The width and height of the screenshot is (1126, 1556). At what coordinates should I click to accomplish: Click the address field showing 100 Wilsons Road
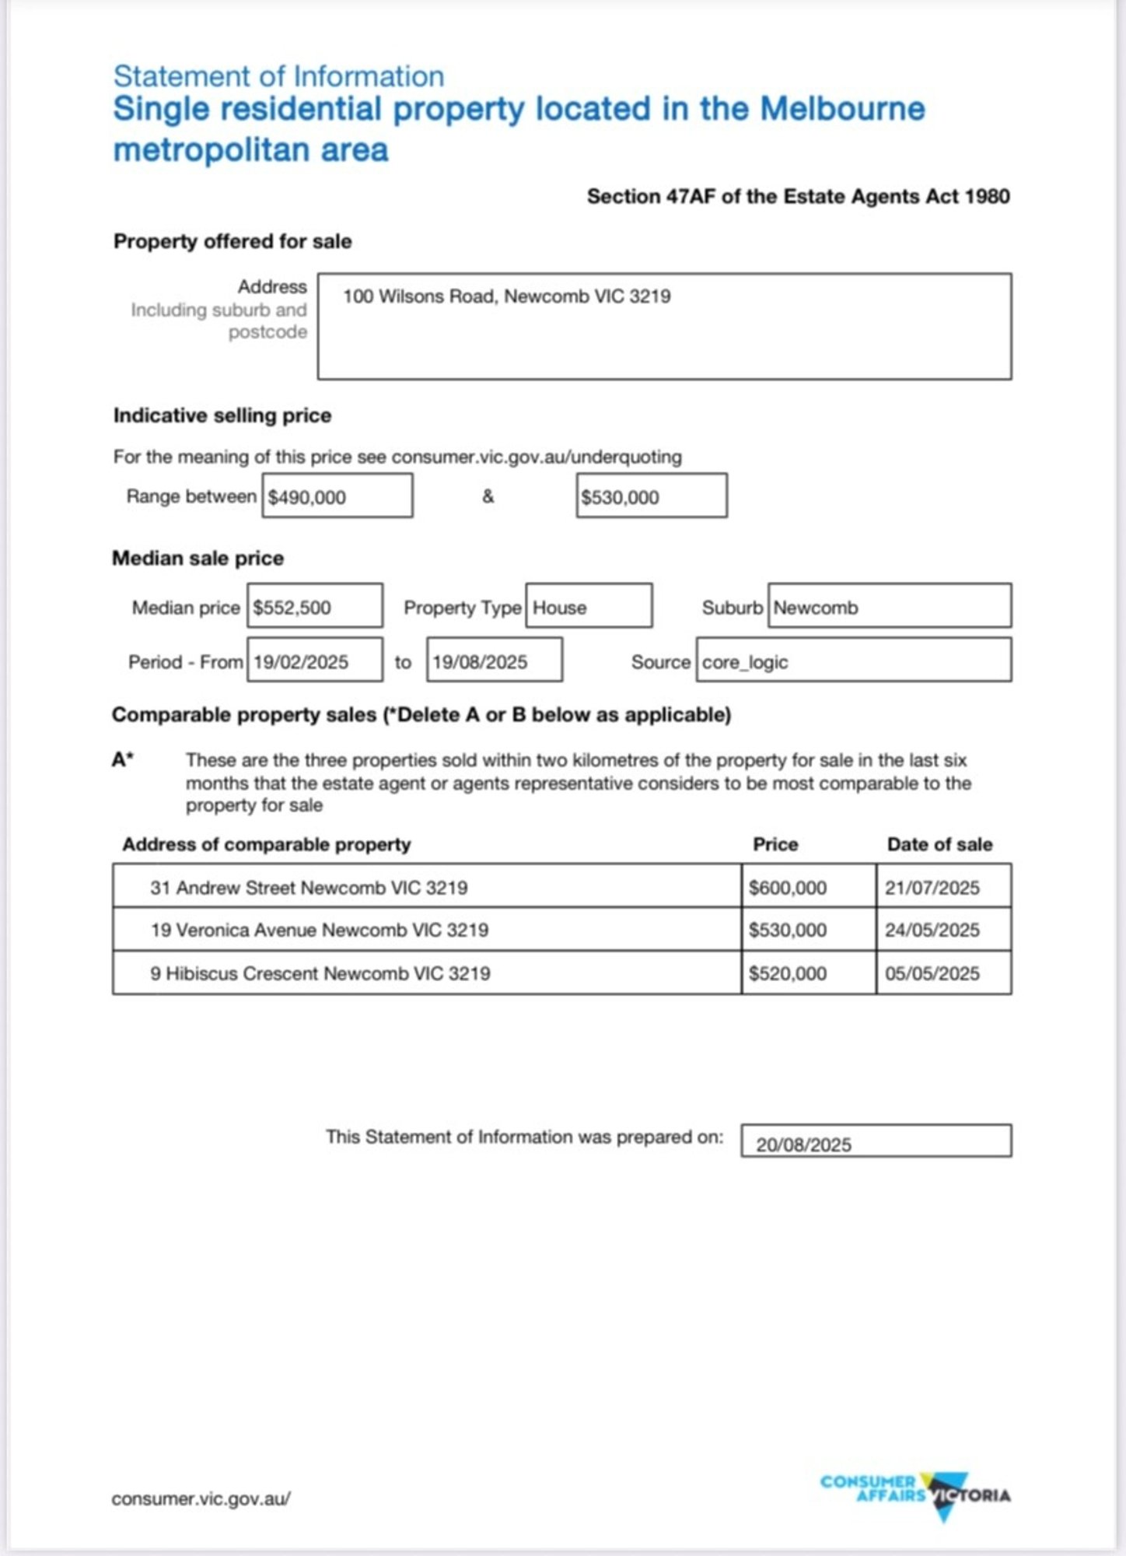click(663, 326)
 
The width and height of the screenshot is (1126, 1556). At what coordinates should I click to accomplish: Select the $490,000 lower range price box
click(337, 496)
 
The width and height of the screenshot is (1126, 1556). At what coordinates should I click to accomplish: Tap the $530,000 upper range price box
click(651, 496)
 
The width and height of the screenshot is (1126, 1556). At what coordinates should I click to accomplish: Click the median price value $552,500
click(314, 606)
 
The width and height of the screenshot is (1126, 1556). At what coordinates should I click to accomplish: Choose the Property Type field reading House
click(588, 606)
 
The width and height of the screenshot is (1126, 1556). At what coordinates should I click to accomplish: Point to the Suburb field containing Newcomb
click(889, 606)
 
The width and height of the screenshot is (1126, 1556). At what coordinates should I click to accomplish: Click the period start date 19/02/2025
click(314, 661)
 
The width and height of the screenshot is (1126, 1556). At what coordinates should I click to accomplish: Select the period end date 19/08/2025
click(494, 661)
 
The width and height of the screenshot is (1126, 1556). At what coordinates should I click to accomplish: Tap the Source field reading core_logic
click(853, 661)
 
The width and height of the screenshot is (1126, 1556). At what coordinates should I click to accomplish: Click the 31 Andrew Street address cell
click(426, 886)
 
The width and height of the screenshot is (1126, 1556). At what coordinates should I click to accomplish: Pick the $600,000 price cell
click(808, 886)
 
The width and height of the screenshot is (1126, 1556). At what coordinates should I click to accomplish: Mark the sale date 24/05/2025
click(943, 929)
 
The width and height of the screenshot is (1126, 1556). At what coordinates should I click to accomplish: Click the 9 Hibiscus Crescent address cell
click(426, 972)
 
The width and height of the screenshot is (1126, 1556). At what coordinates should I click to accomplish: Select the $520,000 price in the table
click(808, 972)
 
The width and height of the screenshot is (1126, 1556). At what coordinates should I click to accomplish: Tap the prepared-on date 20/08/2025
click(876, 1141)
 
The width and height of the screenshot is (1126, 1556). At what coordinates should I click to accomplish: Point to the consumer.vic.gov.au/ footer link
click(201, 1498)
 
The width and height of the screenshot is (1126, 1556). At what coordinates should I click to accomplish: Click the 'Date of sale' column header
click(939, 844)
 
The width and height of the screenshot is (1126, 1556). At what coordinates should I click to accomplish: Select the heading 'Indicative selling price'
click(222, 415)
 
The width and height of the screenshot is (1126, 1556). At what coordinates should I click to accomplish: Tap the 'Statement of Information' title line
click(278, 76)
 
